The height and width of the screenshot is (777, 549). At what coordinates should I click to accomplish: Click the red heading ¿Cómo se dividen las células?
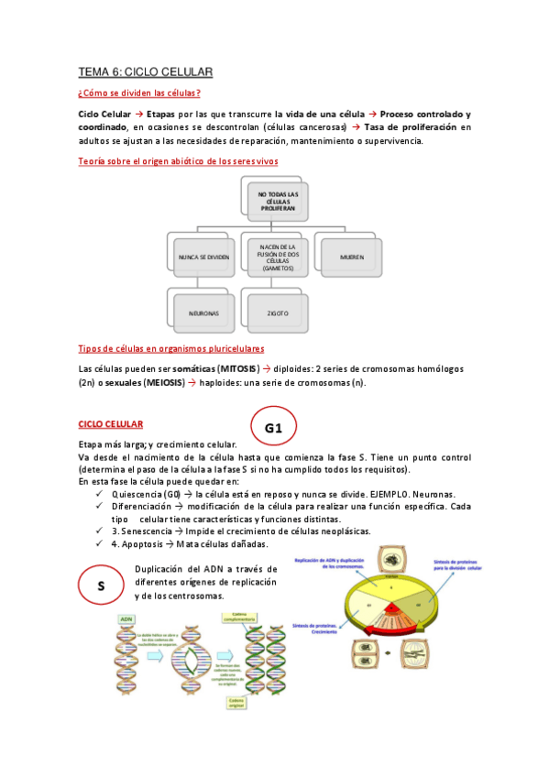pyautogui.click(x=139, y=93)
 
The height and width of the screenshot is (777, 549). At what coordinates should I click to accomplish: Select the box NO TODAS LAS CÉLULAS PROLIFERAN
pyautogui.click(x=278, y=200)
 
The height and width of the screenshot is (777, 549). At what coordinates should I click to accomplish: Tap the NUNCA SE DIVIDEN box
pyautogui.click(x=204, y=257)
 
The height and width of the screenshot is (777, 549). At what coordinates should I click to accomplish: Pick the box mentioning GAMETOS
pyautogui.click(x=278, y=257)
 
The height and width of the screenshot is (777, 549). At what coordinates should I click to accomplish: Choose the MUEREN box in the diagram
pyautogui.click(x=351, y=257)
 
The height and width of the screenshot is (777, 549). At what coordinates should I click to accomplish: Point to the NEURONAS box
pyautogui.click(x=204, y=312)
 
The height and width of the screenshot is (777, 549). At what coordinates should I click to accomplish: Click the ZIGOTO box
pyautogui.click(x=278, y=312)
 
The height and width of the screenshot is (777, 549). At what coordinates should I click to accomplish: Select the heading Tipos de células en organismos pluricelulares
pyautogui.click(x=171, y=348)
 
